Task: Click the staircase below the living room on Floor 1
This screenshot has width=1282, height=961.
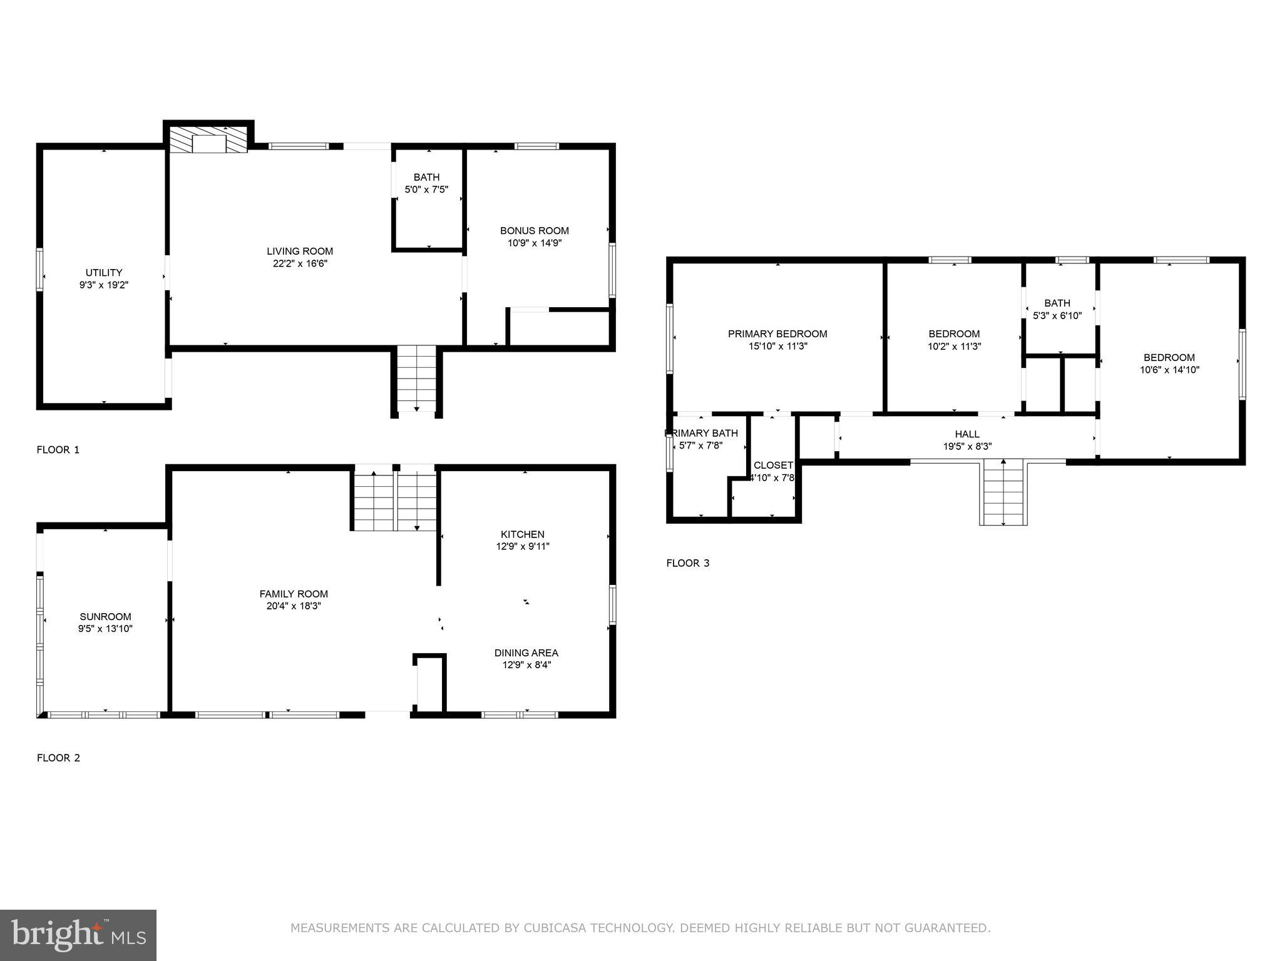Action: tap(417, 378)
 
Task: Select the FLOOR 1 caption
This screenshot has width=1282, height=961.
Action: tap(58, 450)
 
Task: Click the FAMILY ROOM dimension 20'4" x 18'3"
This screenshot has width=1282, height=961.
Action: tap(294, 606)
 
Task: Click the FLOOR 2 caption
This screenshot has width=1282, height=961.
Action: tap(58, 758)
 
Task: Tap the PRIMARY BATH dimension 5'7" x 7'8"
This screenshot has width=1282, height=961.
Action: tap(701, 445)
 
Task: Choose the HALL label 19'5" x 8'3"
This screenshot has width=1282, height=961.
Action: tap(967, 440)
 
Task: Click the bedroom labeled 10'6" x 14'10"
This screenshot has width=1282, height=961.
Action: tap(1169, 364)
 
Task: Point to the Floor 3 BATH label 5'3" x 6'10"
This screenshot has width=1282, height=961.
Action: tap(1057, 310)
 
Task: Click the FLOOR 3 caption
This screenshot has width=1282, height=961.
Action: tap(687, 563)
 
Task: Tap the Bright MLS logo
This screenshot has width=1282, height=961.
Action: tap(78, 935)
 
